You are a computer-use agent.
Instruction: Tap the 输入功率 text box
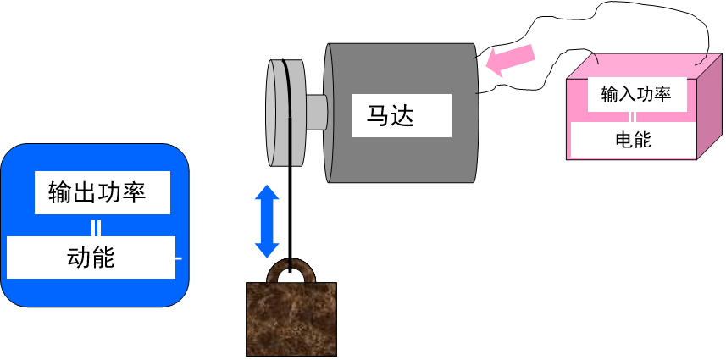(x=635, y=94)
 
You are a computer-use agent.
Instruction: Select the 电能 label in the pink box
(x=633, y=140)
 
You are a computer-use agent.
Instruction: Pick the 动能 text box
(x=91, y=257)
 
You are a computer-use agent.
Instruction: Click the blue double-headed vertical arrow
(x=268, y=222)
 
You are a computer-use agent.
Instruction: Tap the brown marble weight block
(x=291, y=319)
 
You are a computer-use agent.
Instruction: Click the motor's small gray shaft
(x=315, y=112)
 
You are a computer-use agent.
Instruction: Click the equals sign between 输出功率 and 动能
(x=97, y=227)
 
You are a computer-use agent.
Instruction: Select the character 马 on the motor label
(x=379, y=114)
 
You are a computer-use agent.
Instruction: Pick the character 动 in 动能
(x=79, y=257)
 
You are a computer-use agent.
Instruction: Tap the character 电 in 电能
(x=623, y=140)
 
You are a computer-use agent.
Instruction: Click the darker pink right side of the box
(x=709, y=110)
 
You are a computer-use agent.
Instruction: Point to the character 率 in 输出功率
(x=135, y=192)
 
